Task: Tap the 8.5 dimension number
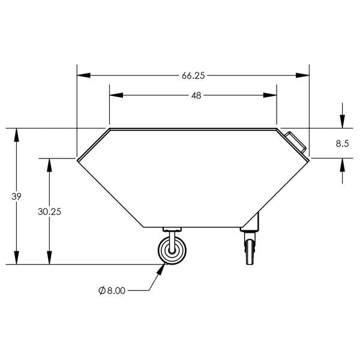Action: point(342,143)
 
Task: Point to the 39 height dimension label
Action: point(17,197)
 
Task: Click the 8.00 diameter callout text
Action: point(115,290)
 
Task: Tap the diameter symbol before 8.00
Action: point(102,290)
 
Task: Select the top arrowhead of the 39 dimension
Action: point(17,134)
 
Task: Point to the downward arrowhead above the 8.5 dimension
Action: point(342,122)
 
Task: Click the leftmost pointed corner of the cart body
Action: point(77,158)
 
